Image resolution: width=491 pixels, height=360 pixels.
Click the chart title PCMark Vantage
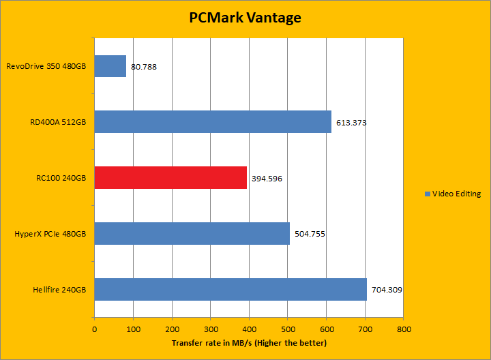[x=245, y=18]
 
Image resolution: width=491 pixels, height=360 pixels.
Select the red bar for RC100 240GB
[x=170, y=178]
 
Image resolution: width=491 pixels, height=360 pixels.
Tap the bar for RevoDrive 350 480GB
[x=110, y=66]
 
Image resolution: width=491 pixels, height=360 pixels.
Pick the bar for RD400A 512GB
[x=213, y=122]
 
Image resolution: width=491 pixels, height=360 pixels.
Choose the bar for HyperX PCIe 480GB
[x=192, y=234]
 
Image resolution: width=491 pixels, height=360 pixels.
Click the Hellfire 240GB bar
[x=230, y=289]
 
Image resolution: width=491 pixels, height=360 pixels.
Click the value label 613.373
[x=351, y=123]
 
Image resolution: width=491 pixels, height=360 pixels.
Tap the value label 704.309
[x=387, y=290]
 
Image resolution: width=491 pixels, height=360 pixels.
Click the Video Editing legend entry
[x=452, y=194]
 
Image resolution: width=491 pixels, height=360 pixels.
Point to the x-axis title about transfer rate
[x=249, y=342]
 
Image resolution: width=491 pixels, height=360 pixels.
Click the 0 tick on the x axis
[x=94, y=329]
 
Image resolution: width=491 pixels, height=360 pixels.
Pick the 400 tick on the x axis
[x=249, y=329]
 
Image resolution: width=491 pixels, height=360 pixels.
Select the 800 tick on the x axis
[x=404, y=329]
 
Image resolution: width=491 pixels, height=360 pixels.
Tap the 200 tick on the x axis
[x=172, y=329]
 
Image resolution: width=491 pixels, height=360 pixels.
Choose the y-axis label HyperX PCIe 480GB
[x=50, y=234]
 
